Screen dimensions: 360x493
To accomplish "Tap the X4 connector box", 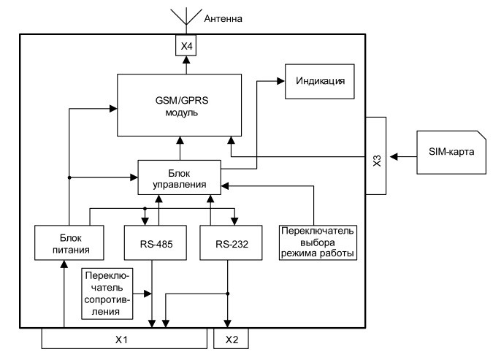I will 185,46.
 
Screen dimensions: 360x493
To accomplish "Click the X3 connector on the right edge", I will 375,155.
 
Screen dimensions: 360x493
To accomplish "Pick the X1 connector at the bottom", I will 124,339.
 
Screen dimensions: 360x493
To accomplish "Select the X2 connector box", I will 231,339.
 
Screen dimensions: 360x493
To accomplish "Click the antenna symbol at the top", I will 185,15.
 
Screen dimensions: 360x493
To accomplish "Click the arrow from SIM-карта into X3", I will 402,156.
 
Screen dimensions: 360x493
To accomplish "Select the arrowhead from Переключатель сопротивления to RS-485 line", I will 149,294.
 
